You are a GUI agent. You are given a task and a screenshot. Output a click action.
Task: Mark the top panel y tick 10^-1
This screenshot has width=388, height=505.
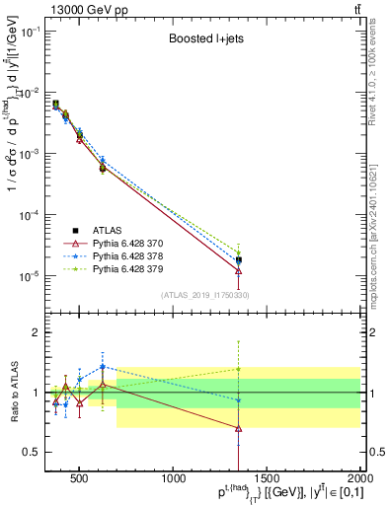(29, 32)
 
